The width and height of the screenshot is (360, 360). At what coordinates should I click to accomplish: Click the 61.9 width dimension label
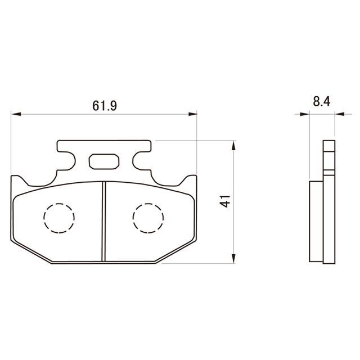[105, 106]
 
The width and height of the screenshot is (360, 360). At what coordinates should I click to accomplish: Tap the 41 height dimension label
[225, 201]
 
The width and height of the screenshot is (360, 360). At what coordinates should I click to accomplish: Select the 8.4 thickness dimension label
[321, 101]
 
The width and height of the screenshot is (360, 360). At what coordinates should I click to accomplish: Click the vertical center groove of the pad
[103, 222]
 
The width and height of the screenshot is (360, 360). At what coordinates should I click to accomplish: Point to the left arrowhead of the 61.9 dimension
[16, 114]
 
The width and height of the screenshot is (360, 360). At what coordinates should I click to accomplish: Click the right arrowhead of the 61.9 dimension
[192, 114]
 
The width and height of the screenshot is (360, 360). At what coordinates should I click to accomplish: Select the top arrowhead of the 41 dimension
[233, 145]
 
